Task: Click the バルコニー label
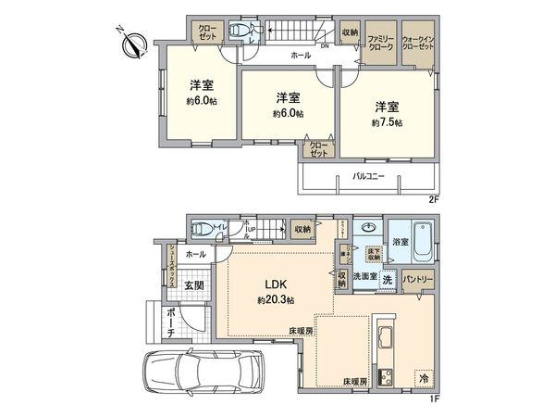368,175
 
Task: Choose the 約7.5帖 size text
387,122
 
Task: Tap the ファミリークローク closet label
380,42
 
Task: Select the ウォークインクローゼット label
419,42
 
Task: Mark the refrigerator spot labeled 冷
423,378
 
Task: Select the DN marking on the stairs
324,45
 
